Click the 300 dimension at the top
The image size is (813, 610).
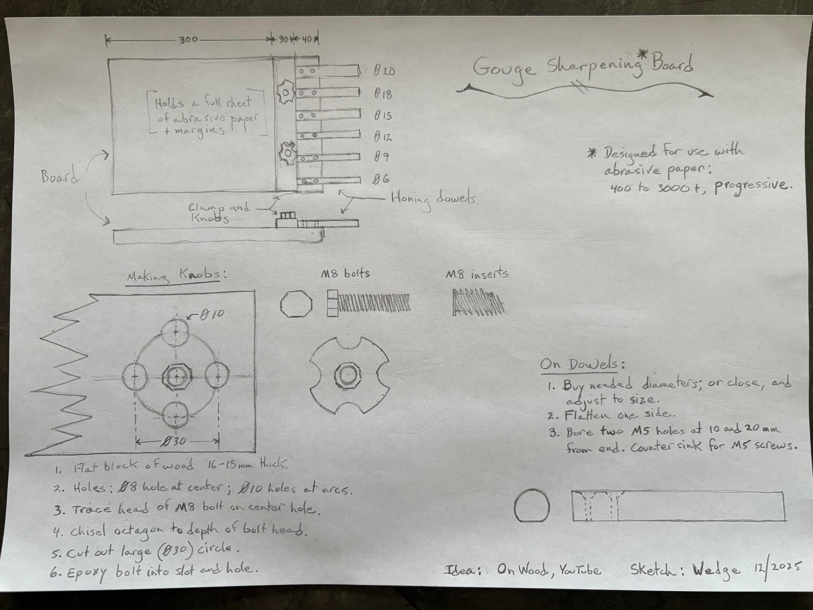click(x=189, y=40)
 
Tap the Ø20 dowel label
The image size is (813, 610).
click(x=384, y=71)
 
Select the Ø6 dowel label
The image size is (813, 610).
click(x=381, y=180)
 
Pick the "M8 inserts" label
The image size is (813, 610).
click(x=477, y=274)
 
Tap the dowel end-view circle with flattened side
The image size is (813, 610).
click(x=532, y=506)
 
